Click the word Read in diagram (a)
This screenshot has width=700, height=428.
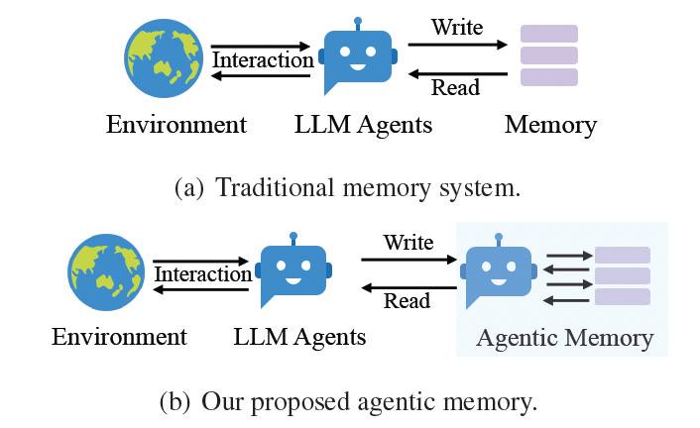click(x=455, y=87)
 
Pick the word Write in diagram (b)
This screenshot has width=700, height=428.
click(x=408, y=242)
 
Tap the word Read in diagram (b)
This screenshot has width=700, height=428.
click(x=408, y=301)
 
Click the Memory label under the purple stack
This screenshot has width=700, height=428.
click(x=550, y=125)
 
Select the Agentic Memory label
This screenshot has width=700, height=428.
click(x=564, y=338)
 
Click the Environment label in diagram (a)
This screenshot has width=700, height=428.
click(x=175, y=125)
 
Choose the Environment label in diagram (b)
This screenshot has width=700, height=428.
click(x=119, y=337)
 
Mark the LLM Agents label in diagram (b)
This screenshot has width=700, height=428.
click(x=299, y=337)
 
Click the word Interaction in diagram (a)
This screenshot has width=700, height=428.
click(x=264, y=59)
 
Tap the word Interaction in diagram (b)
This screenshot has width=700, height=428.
click(x=203, y=273)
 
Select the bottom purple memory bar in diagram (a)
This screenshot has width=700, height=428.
click(x=549, y=76)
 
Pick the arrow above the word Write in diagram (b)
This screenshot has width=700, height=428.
click(x=408, y=260)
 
